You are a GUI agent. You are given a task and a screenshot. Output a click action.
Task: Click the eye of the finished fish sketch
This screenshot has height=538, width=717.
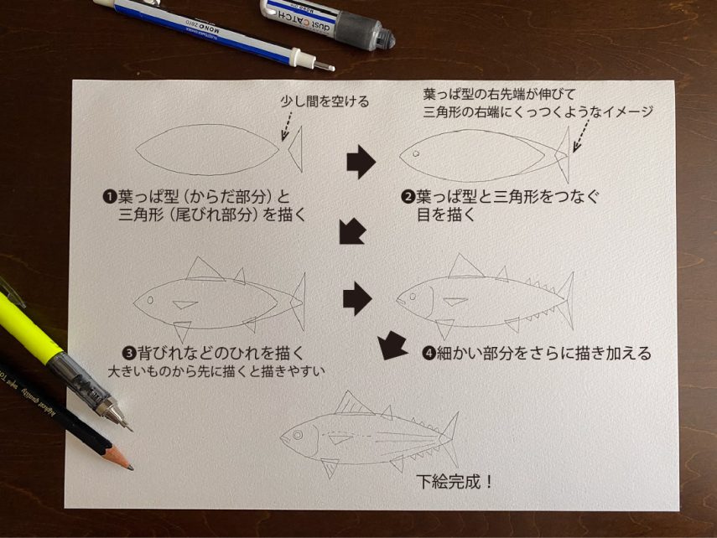pyautogui.click(x=298, y=435)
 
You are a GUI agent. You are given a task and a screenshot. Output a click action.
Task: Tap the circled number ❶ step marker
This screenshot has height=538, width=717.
pyautogui.click(x=110, y=198)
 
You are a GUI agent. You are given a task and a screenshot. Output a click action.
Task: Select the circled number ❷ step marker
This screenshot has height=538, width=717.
pyautogui.click(x=408, y=198)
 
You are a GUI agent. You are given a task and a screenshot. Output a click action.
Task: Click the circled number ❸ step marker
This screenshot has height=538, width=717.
pyautogui.click(x=129, y=353)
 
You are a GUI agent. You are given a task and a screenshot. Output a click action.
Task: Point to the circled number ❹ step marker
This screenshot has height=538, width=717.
pyautogui.click(x=429, y=354)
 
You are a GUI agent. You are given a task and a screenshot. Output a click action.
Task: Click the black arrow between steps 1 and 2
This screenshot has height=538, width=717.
pyautogui.click(x=361, y=163)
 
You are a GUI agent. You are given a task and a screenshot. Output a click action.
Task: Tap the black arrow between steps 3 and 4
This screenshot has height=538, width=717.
pyautogui.click(x=357, y=299)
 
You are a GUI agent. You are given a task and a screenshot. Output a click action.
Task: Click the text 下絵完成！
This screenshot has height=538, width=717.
pyautogui.click(x=455, y=482)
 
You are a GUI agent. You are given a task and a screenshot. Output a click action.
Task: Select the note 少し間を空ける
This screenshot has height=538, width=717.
pyautogui.click(x=325, y=101)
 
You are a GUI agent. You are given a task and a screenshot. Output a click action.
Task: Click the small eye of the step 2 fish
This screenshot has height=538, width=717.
pyautogui.click(x=416, y=153)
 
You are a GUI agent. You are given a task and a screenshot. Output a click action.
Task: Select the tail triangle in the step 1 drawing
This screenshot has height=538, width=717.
pyautogui.click(x=295, y=148)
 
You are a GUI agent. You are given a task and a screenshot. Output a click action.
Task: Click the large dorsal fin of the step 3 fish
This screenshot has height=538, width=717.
pyautogui.click(x=203, y=269)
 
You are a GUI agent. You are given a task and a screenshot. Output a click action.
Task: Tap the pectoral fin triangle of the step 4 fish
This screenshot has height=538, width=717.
pyautogui.click(x=455, y=302)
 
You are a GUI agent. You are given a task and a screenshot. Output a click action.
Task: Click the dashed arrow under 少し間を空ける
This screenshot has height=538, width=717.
pyautogui.click(x=287, y=125)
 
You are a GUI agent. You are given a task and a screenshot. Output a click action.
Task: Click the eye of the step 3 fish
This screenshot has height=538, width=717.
pyautogui.click(x=150, y=300)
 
